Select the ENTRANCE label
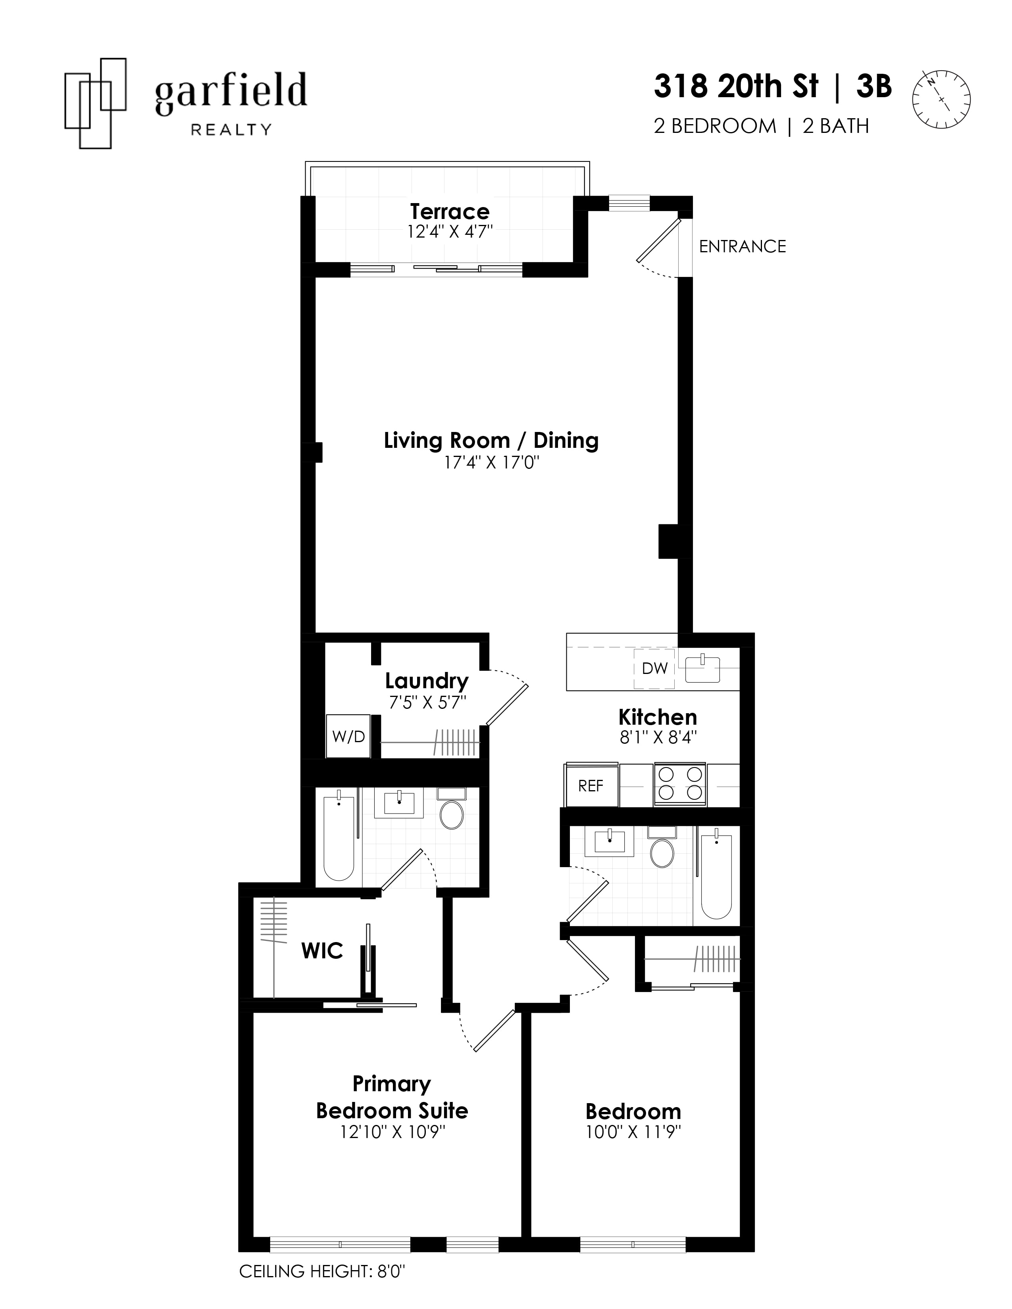742,246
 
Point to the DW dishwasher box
654,668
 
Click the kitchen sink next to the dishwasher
702,669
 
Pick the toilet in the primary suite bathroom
452,812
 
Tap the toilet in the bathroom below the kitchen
662,851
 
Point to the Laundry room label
426,681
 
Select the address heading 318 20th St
736,87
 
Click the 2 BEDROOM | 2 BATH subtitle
761,127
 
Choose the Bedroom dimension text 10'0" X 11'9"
633,1132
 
